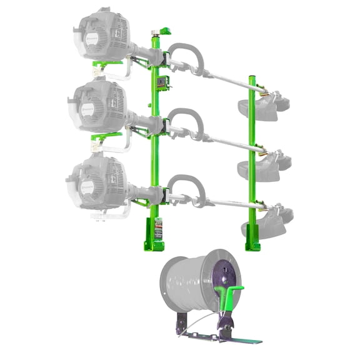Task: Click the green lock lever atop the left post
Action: coord(166,30)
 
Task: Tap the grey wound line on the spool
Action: coord(184,287)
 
